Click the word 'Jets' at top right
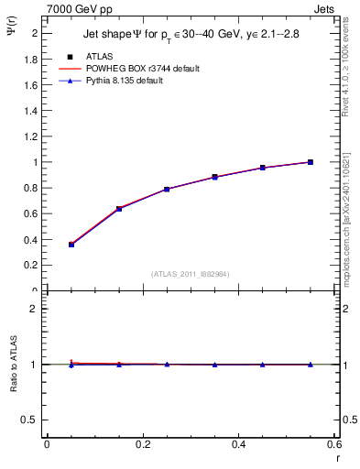tap(325, 8)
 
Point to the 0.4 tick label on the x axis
tap(239, 445)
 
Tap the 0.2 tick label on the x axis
tap(143, 445)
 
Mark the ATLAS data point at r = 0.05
tap(71, 245)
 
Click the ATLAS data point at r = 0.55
tap(311, 162)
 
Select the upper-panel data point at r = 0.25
tap(167, 189)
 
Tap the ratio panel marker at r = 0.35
tap(214, 365)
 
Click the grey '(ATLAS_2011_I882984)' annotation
tap(191, 274)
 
